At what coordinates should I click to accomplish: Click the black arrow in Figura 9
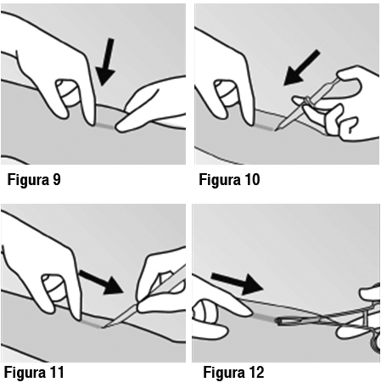[x=105, y=62]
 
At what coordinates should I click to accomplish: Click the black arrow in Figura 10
[x=301, y=68]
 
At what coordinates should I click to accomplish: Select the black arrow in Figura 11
[x=102, y=282]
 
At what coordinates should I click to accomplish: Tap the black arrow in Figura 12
[x=237, y=283]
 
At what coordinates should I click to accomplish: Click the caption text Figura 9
[x=34, y=179]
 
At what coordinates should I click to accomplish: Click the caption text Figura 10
[x=229, y=179]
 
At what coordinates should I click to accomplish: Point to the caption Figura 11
[x=34, y=372]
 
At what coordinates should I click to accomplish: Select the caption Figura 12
[x=233, y=372]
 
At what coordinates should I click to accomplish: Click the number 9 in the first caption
[x=57, y=179]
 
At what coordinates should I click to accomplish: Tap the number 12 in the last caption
[x=255, y=372]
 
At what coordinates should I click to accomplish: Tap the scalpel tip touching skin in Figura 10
[x=276, y=129]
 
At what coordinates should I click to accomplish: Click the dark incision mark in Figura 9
[x=104, y=126]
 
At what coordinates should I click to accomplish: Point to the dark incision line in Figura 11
[x=92, y=323]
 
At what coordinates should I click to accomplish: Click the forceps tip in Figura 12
[x=278, y=321]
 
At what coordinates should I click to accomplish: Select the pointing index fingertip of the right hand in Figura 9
[x=119, y=127]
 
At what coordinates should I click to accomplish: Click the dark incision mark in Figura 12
[x=264, y=318]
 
